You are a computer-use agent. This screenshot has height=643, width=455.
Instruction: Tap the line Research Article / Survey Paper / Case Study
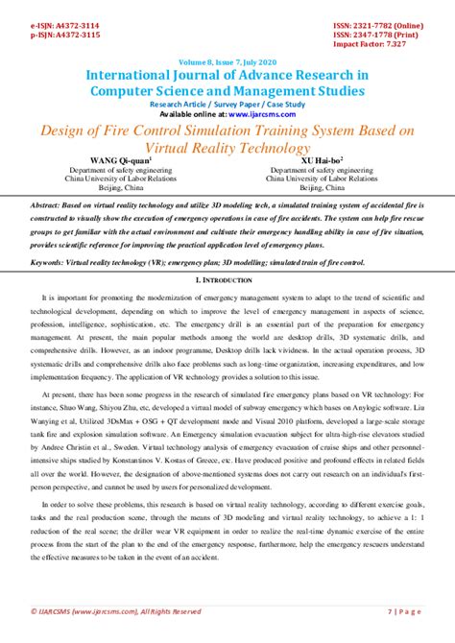[227, 103]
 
